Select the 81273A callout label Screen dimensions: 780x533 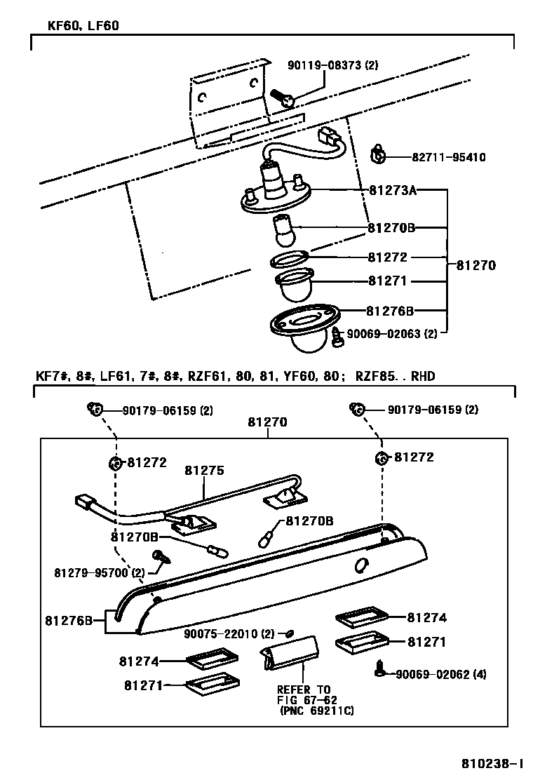tap(392, 190)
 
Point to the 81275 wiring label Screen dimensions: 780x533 tap(204, 471)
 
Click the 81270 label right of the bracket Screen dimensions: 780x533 tap(476, 266)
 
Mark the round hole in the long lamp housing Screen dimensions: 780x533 tap(361, 565)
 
